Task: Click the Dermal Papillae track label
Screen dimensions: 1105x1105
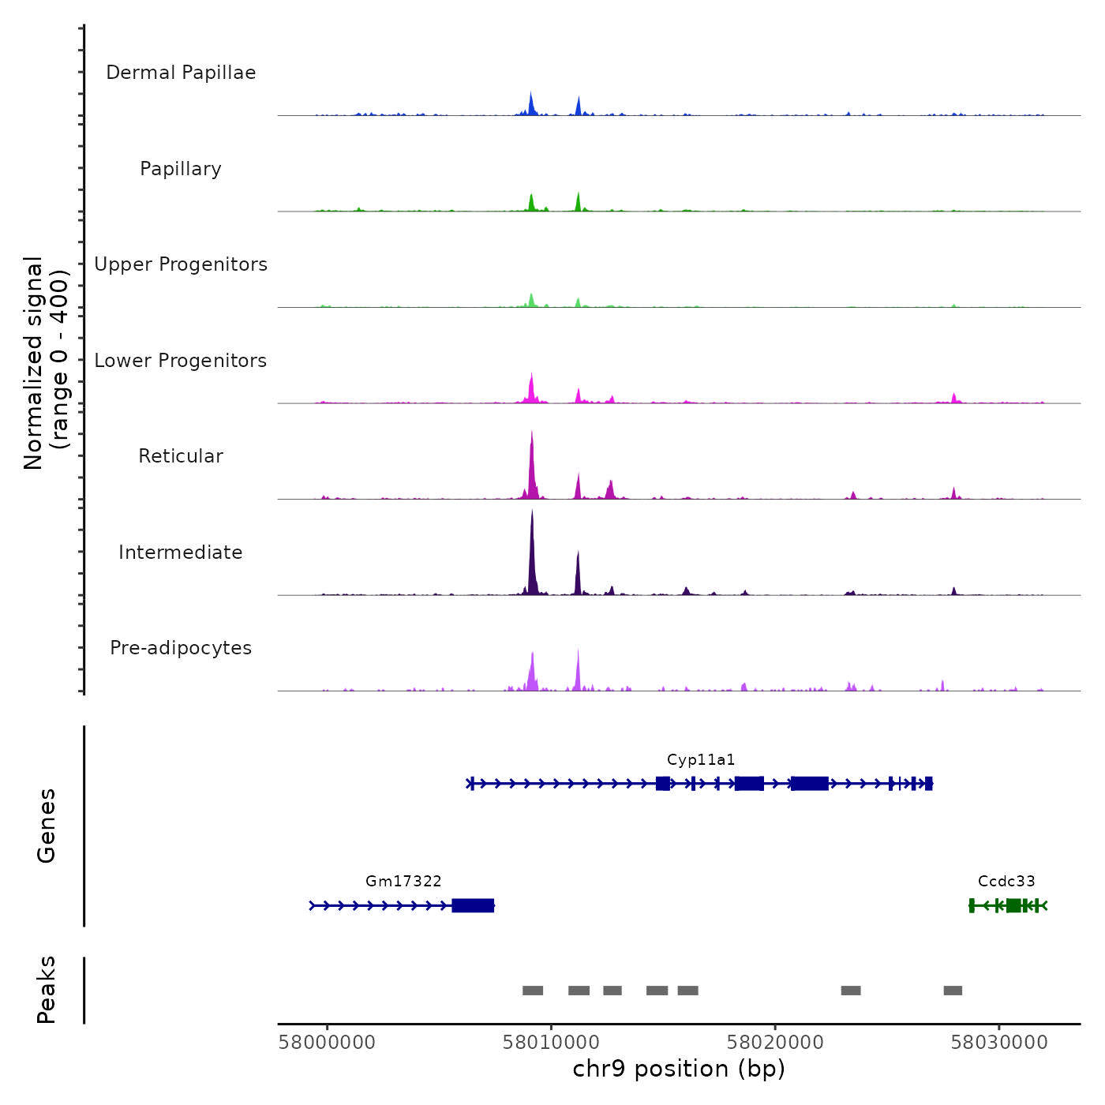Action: (x=181, y=73)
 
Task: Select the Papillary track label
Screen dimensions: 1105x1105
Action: (x=181, y=169)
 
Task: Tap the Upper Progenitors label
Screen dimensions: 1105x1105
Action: (x=181, y=264)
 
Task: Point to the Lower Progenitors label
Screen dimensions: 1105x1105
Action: (x=181, y=361)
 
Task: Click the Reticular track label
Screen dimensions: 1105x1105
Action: (x=181, y=456)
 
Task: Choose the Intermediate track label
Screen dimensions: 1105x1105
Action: (x=181, y=552)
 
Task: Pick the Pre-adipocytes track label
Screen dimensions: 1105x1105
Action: (x=181, y=648)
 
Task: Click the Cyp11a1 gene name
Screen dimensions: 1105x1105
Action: (x=701, y=760)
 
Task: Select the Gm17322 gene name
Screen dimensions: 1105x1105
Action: (x=403, y=882)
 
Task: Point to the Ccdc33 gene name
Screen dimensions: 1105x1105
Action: (x=1006, y=882)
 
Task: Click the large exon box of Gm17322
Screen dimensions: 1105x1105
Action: (x=473, y=905)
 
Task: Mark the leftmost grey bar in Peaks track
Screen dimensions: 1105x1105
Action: (x=533, y=991)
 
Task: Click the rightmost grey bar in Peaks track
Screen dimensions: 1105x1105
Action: (x=953, y=991)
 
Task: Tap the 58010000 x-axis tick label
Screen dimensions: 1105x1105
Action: (x=552, y=1043)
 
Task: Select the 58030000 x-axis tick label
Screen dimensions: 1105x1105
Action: (x=999, y=1043)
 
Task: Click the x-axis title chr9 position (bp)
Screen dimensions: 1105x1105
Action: (x=679, y=1069)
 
